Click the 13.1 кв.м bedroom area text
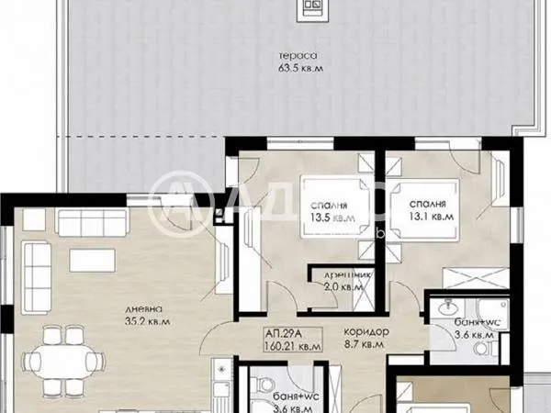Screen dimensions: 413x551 tap(429, 218)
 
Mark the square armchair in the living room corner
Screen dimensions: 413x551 tap(33, 218)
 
